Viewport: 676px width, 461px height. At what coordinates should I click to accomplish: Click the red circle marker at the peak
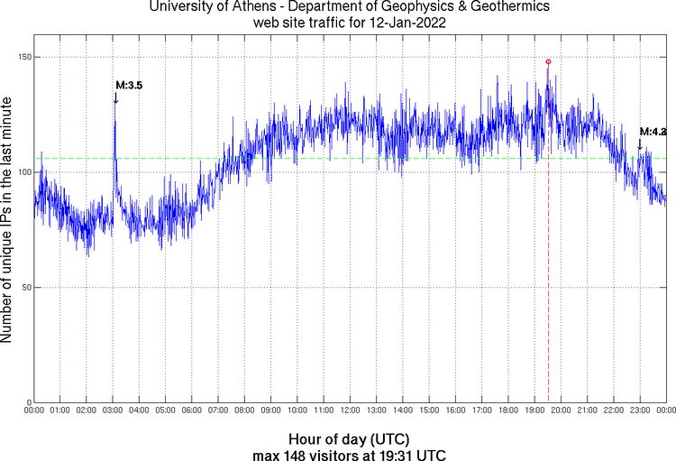(548, 61)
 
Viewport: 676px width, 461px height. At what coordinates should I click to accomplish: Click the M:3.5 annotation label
(128, 85)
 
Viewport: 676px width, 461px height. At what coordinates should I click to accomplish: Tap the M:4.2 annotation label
(653, 132)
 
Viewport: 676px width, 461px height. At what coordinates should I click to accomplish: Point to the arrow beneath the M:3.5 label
(115, 97)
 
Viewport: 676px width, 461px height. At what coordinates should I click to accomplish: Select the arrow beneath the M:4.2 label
(640, 143)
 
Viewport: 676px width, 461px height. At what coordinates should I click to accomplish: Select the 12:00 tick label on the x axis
(350, 411)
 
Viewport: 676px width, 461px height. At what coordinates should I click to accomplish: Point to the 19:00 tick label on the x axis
(534, 411)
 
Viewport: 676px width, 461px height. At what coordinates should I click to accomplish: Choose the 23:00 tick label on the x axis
(640, 411)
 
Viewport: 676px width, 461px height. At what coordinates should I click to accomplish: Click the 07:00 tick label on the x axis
(218, 411)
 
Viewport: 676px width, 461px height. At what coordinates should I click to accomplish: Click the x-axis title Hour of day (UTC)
(350, 438)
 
